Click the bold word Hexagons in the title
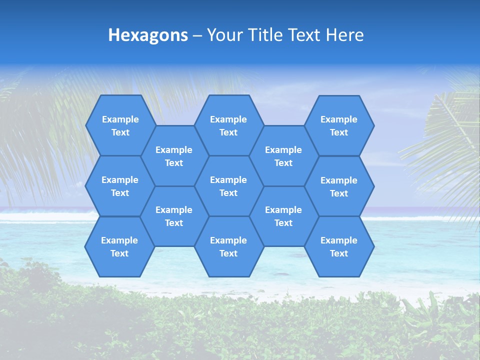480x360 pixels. point(148,35)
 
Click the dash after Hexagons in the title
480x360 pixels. point(197,35)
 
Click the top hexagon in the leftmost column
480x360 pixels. point(120,125)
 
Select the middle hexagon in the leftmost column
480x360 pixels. point(120,186)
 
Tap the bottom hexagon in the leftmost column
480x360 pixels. point(119,246)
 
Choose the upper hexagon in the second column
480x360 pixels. point(174,156)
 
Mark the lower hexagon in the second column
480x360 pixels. point(174,216)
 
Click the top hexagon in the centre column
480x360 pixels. point(228,125)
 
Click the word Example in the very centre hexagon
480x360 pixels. point(228,180)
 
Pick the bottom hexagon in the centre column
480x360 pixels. point(228,246)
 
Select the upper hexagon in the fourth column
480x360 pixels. point(283,156)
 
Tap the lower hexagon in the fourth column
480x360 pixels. point(283,216)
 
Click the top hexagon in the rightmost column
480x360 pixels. point(339,125)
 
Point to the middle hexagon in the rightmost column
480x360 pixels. point(339,186)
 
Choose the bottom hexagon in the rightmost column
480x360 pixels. point(339,246)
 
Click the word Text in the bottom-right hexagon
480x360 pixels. point(339,253)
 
